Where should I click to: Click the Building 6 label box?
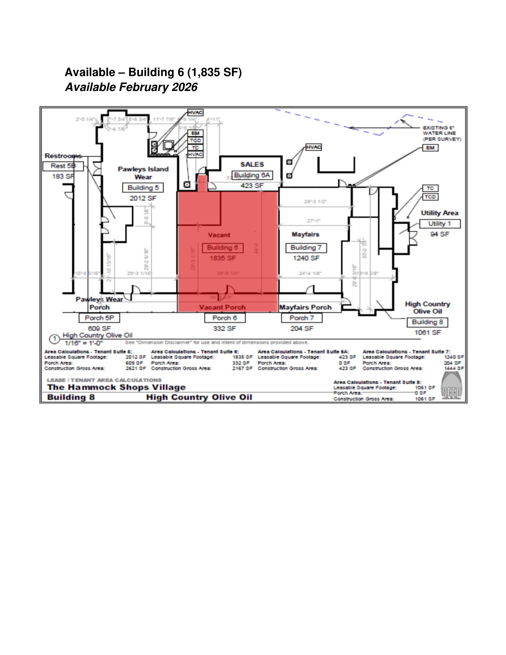point(222,248)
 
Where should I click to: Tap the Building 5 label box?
point(143,188)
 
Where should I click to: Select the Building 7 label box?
point(306,248)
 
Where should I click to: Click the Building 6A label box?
point(252,175)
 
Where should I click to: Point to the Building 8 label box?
point(427,322)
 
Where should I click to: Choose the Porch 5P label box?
point(99,318)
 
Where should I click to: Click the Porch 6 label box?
point(224,318)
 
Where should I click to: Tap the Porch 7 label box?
point(302,318)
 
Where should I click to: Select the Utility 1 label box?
point(439,224)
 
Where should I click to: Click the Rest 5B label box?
point(63,166)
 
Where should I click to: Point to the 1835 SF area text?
point(222,258)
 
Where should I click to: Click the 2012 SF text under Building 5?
point(143,198)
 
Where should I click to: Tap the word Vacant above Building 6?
point(219,235)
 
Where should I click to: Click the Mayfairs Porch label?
point(306,307)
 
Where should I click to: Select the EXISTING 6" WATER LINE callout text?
point(442,133)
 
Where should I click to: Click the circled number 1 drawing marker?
point(55,339)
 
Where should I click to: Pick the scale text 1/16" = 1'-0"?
point(84,343)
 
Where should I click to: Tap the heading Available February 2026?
point(131,87)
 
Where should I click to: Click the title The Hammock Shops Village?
point(116,387)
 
